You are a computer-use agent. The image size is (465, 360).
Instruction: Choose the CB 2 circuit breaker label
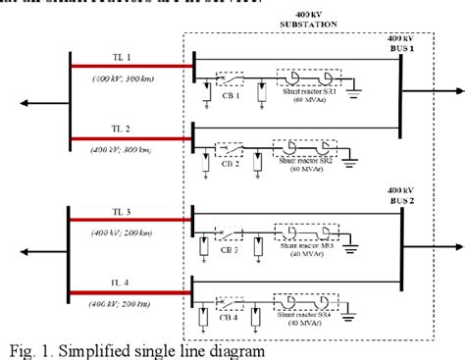pos(231,163)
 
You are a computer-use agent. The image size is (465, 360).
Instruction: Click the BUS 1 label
pos(403,47)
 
